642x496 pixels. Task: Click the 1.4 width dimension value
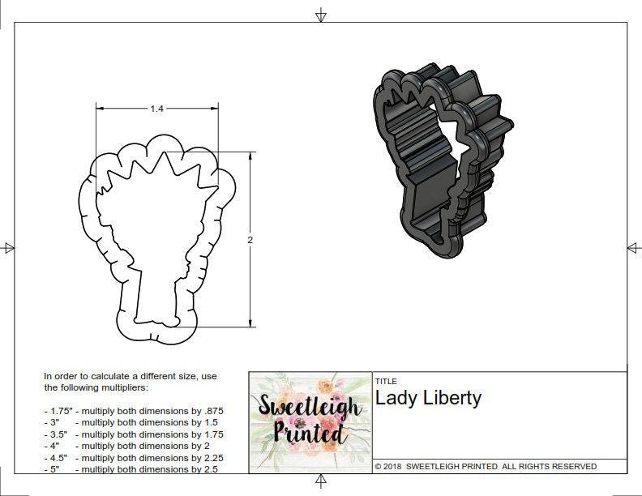156,109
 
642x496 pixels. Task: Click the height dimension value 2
250,240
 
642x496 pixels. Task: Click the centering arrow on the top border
321,15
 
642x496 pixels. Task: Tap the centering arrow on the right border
633,248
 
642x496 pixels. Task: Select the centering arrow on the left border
8,248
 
